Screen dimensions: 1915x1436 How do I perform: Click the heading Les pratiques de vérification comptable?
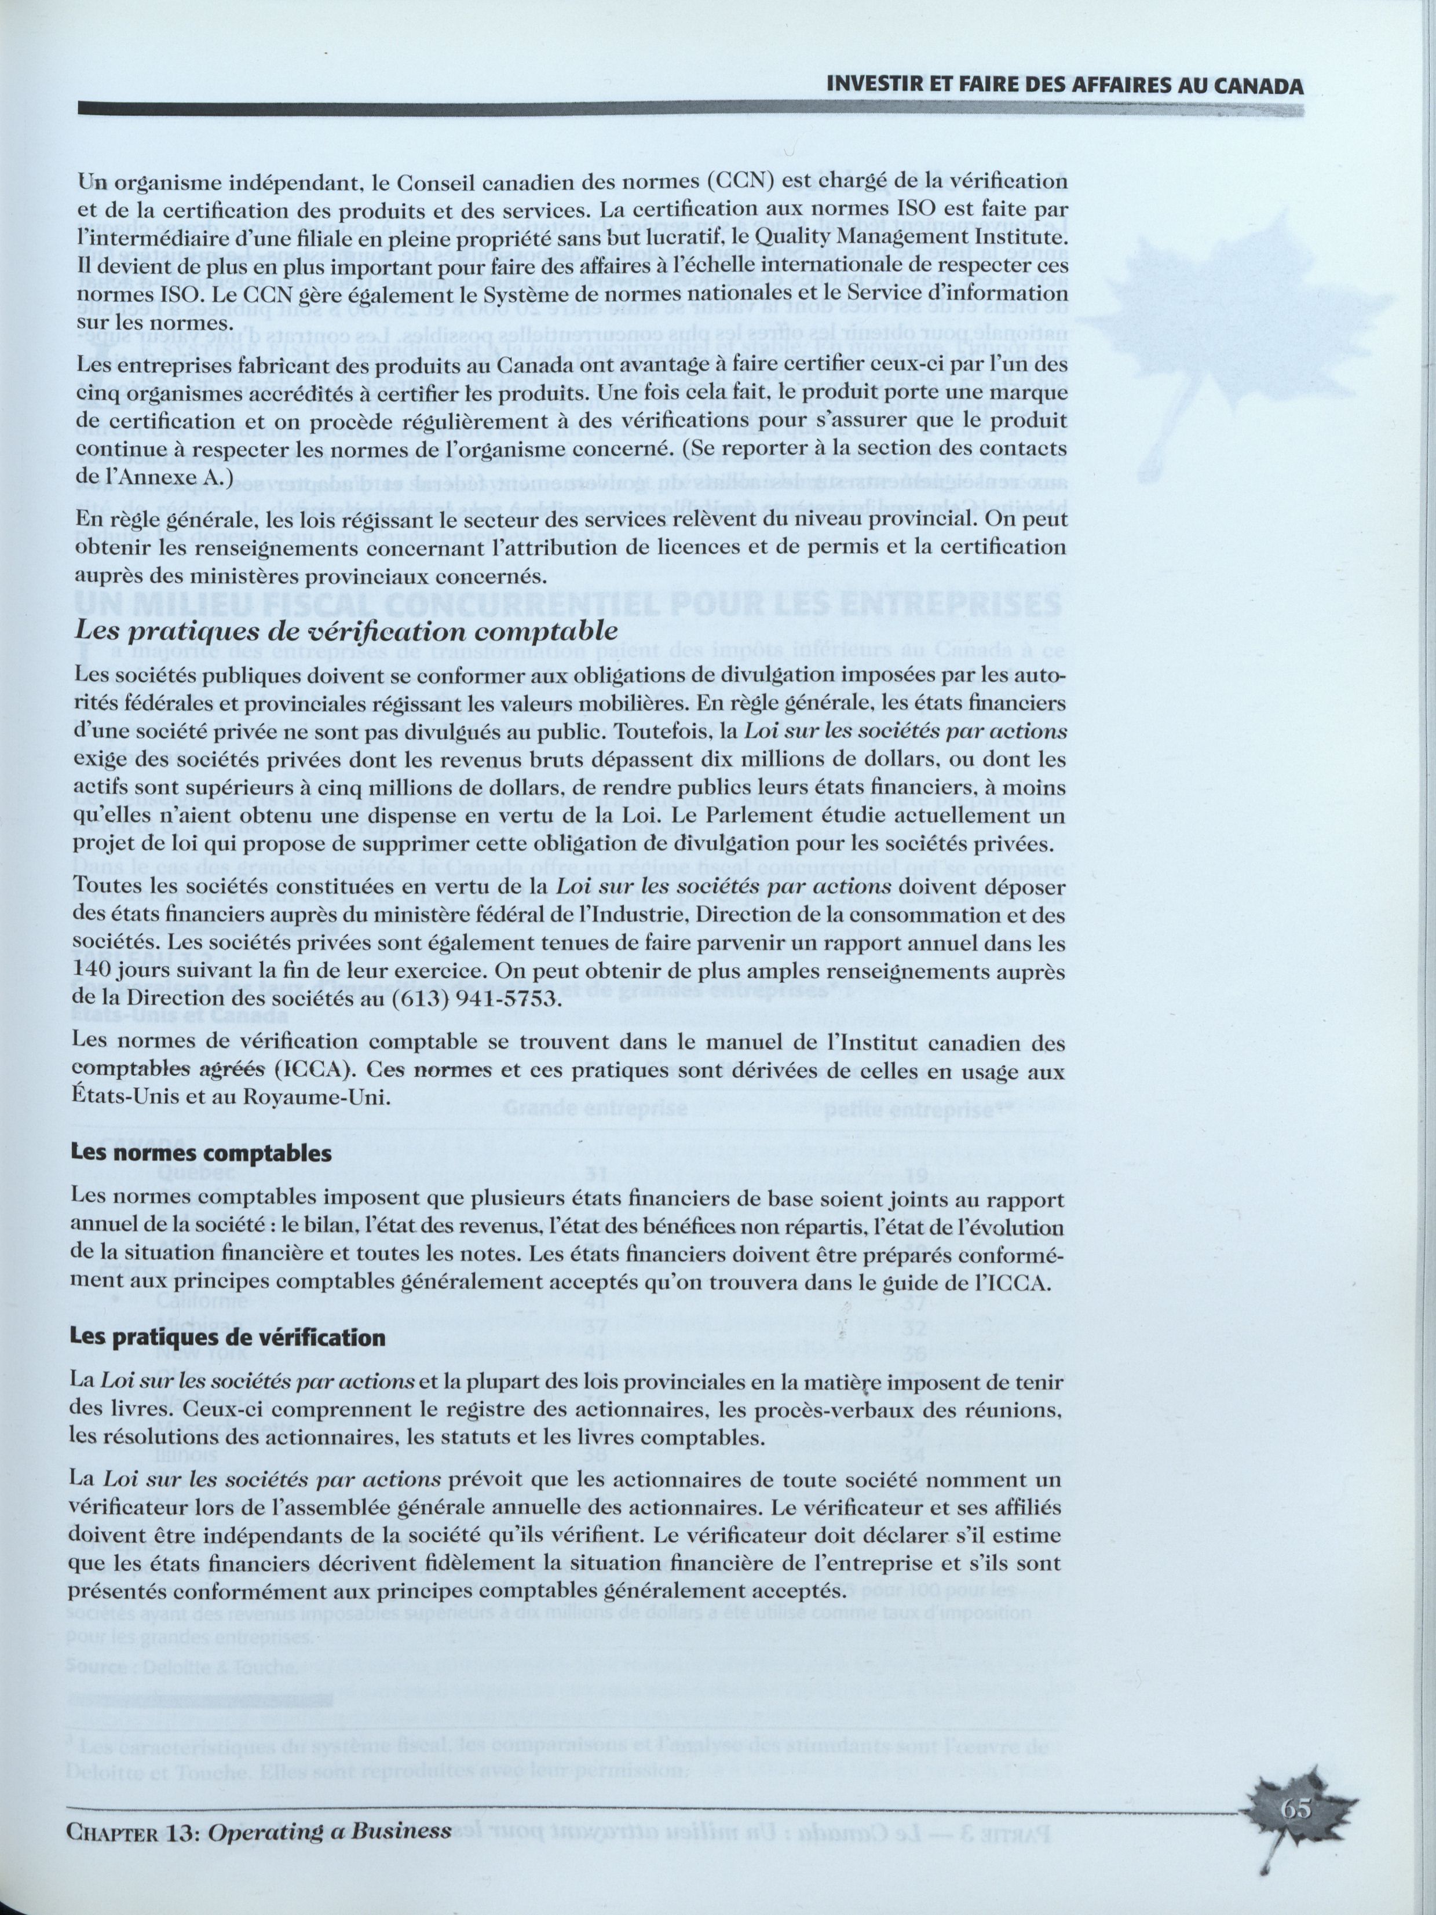coord(346,630)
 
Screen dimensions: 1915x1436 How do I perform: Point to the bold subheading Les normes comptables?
coord(201,1154)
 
